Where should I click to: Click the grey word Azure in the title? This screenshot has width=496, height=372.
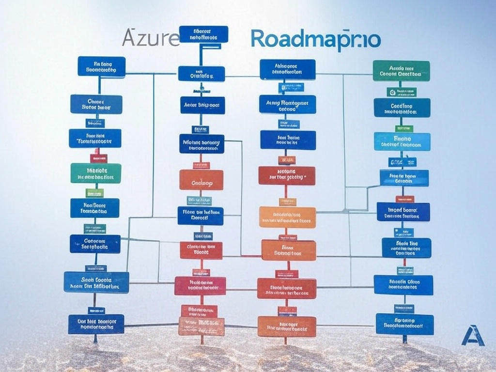(151, 38)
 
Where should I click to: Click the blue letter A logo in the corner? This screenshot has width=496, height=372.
(472, 335)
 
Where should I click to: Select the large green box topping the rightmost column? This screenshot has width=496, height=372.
(401, 71)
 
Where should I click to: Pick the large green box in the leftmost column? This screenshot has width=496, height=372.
(95, 173)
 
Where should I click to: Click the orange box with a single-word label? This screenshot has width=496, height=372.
(201, 180)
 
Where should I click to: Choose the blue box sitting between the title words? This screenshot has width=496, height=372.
(203, 34)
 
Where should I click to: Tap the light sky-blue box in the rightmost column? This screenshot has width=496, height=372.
(402, 141)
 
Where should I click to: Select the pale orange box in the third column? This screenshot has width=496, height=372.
(287, 217)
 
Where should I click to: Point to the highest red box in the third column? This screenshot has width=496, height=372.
(287, 175)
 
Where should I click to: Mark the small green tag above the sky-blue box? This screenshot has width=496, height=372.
(404, 128)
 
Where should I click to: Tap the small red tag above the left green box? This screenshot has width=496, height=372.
(98, 158)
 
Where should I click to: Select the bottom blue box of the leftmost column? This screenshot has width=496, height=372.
(96, 324)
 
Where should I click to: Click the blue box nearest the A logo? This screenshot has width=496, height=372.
(404, 324)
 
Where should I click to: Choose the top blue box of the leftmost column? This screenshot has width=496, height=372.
(101, 66)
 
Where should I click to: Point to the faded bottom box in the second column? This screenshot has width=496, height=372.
(201, 326)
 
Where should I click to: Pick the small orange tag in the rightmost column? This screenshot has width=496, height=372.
(404, 199)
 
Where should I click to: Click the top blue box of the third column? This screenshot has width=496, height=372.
(287, 69)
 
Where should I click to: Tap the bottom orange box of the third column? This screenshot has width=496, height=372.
(287, 326)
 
